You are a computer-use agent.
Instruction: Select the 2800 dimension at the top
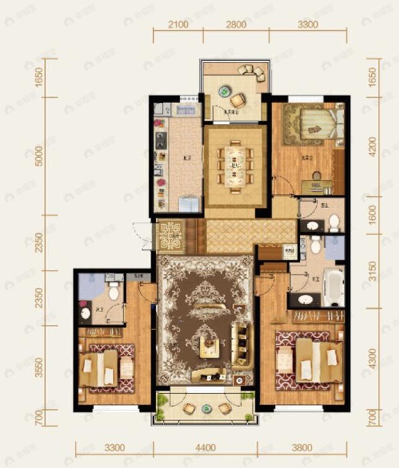[236, 25]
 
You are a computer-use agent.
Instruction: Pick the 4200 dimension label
[372, 147]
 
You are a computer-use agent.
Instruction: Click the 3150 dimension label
[372, 271]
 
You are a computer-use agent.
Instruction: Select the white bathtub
[333, 287]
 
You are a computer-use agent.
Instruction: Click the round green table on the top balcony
[223, 90]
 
